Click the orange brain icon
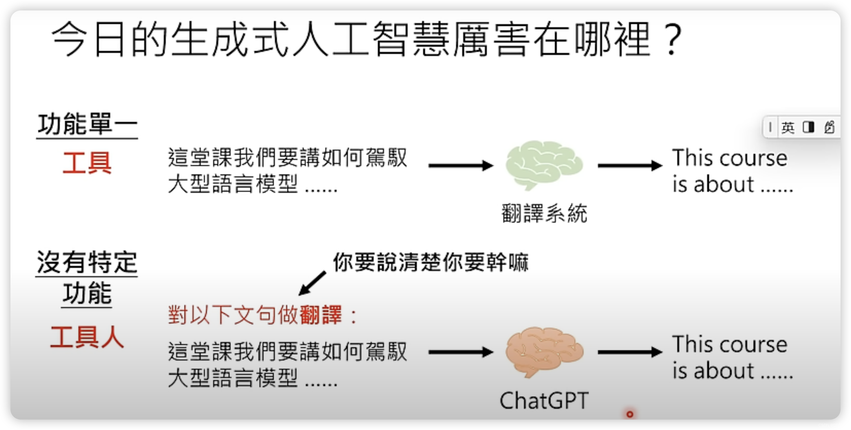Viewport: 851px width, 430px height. [544, 351]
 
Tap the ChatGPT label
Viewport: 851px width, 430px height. [544, 401]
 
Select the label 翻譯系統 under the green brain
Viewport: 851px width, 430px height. [544, 213]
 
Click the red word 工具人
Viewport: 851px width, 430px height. [87, 337]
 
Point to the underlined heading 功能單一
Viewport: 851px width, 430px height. [87, 125]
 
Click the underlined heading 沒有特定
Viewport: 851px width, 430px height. [87, 262]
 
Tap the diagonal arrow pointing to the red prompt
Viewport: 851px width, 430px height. [312, 283]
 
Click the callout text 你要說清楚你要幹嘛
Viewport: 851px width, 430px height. [430, 262]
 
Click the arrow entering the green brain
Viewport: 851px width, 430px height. [461, 165]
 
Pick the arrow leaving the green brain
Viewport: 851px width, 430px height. [630, 165]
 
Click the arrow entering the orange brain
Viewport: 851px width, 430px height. [461, 352]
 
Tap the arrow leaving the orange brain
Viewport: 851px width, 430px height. [630, 352]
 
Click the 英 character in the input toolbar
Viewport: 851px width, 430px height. [788, 127]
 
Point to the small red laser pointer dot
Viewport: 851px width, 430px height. [630, 414]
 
